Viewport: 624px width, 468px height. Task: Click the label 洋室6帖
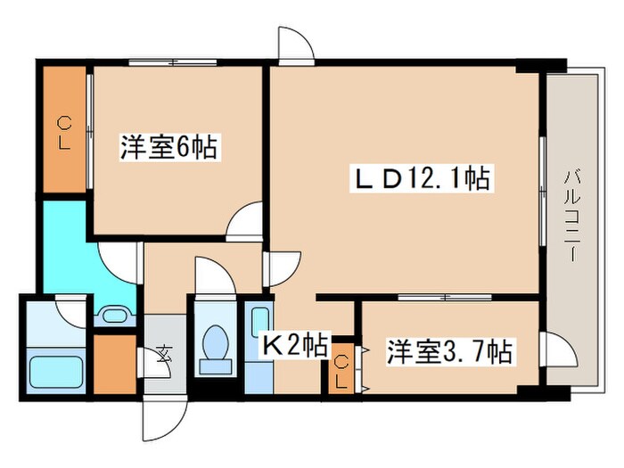coord(168,147)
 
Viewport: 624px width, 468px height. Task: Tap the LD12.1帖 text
coord(419,179)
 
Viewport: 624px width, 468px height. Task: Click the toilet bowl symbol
coord(214,345)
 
